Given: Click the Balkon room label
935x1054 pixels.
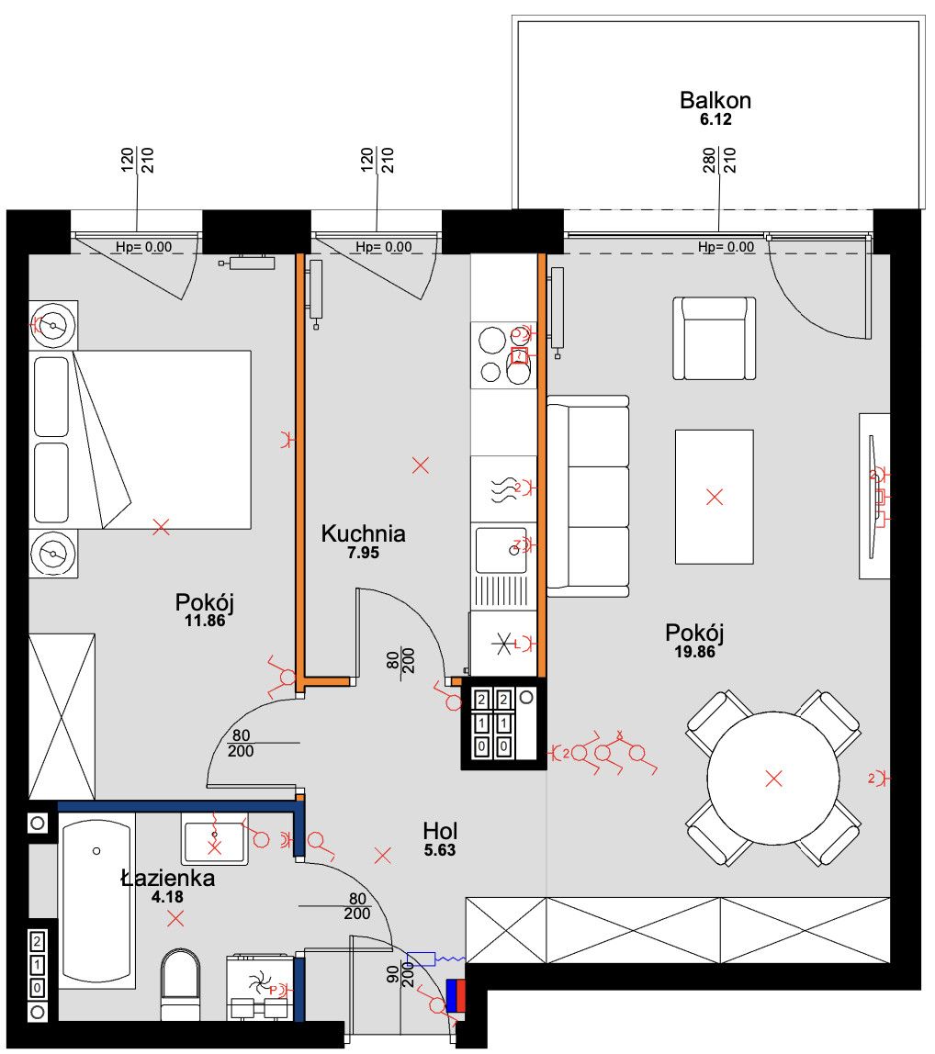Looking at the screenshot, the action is (x=715, y=101).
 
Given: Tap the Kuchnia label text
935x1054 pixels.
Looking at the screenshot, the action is (x=363, y=533).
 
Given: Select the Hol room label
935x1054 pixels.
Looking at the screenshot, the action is (x=440, y=831).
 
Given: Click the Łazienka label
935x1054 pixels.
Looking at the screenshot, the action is (x=168, y=877).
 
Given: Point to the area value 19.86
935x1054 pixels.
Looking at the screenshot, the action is (x=695, y=651).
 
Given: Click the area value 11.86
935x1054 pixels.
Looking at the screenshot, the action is (x=205, y=621).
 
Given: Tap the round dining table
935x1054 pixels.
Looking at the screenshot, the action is (x=773, y=778).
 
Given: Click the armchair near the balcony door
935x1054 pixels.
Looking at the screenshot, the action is (x=715, y=338).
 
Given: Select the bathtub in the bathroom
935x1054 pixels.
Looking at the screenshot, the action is (x=96, y=900).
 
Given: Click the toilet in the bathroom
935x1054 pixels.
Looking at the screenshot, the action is (x=180, y=982).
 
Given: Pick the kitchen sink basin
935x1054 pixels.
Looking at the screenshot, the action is (x=501, y=551).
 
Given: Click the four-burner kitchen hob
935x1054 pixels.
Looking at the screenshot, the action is (x=504, y=355).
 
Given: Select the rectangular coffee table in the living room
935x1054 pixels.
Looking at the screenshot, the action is (x=715, y=497).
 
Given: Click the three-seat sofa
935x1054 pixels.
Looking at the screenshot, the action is (x=588, y=497).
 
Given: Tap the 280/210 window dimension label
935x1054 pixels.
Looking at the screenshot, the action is (x=719, y=160).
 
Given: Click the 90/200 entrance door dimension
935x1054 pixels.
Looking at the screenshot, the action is (x=400, y=974).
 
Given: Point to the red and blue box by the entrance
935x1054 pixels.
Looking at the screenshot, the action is (x=456, y=995).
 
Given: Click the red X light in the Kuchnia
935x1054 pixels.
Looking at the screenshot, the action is (x=421, y=465).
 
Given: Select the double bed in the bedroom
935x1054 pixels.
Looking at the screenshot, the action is (x=141, y=440).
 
